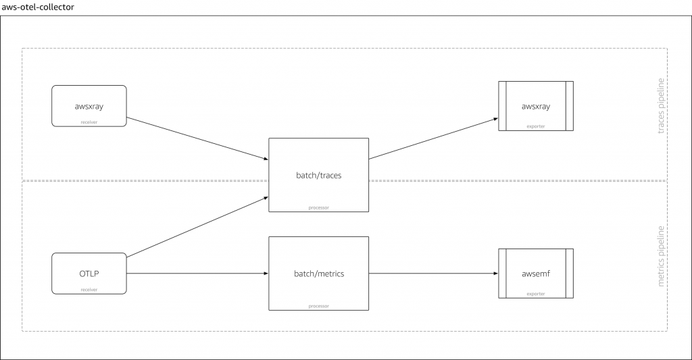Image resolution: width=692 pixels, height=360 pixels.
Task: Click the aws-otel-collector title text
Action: coord(39,6)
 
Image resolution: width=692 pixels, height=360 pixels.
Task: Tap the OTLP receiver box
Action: coord(89,273)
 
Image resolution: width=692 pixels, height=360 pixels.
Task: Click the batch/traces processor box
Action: coord(318,175)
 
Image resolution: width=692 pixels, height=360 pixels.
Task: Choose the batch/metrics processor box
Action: coord(318,273)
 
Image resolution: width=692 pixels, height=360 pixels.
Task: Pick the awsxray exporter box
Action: coord(535,105)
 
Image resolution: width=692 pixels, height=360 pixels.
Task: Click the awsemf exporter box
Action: coord(535,273)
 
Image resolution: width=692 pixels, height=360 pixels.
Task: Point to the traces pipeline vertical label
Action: coord(662,105)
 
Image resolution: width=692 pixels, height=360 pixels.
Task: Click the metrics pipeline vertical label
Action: coord(662,257)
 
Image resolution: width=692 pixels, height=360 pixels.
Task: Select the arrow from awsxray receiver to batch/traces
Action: coord(196,138)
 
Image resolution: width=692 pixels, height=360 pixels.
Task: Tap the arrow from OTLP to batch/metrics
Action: coord(196,274)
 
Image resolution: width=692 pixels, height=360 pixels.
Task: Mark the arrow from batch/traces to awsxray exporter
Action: coord(432,138)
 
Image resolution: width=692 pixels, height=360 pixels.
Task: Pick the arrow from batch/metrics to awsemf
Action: coord(432,274)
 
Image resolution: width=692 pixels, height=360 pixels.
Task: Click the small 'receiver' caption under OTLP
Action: coord(89,289)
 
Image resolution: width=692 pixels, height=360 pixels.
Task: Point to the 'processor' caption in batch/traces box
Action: coord(318,207)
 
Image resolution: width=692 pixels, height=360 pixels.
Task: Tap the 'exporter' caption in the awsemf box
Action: coord(535,294)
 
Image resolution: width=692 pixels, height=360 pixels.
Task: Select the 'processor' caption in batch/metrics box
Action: coord(318,305)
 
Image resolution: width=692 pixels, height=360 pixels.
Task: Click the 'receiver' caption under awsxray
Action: coord(89,122)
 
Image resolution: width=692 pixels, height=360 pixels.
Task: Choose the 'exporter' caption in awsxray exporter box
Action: coord(535,126)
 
